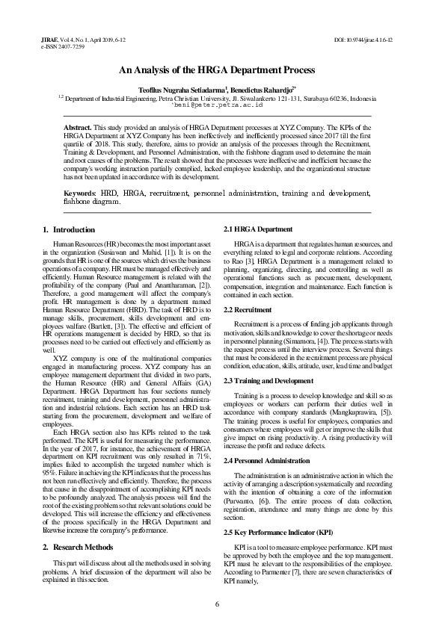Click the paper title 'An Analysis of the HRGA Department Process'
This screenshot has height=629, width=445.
coord(222,69)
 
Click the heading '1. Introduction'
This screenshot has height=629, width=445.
coord(69,229)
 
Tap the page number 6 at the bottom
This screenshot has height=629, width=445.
coord(216,604)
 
